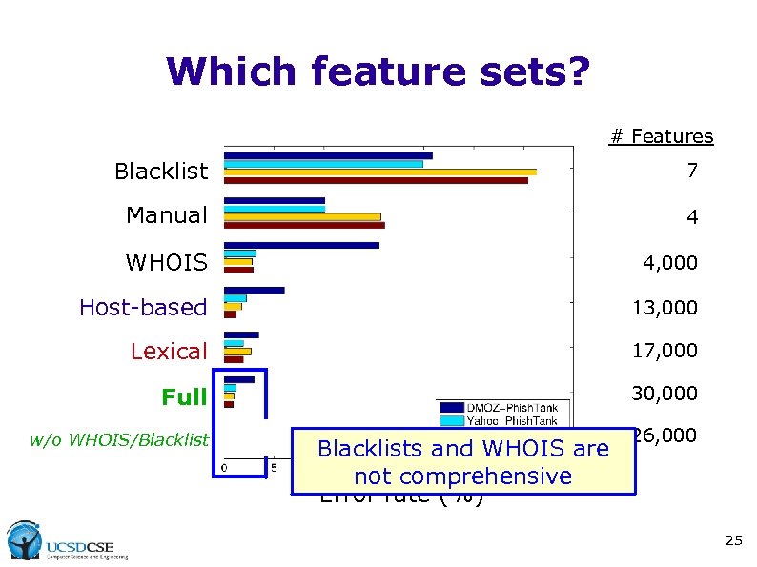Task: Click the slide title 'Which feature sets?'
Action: point(378,71)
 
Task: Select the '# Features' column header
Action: point(661,136)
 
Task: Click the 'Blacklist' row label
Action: point(160,172)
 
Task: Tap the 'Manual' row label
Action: point(166,215)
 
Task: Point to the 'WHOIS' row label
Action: point(166,262)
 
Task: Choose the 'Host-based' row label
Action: point(143,307)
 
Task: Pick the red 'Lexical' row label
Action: point(168,352)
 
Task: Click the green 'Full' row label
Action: point(184,396)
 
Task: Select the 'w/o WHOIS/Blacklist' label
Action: point(118,439)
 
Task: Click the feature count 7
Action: point(692,172)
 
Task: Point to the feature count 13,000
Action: point(665,308)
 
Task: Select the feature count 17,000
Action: point(665,351)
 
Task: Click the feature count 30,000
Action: point(665,394)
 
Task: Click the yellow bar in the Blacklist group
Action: point(379,172)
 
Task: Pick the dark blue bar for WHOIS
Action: point(301,245)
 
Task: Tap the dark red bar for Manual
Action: point(304,226)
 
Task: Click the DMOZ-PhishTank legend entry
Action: point(505,407)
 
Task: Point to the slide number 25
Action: point(732,541)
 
